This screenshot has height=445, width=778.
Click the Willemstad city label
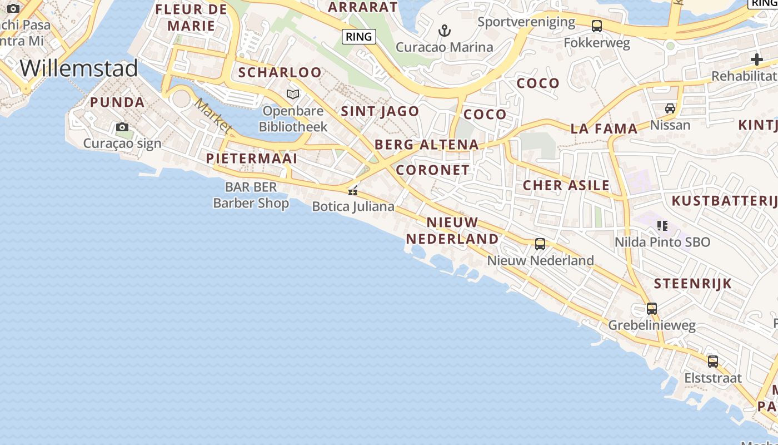(x=78, y=68)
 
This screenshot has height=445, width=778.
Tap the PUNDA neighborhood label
(x=117, y=102)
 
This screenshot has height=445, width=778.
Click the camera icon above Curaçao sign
(x=122, y=127)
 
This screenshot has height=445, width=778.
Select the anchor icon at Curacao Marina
(x=444, y=30)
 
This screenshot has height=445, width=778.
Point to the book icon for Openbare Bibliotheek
(x=293, y=94)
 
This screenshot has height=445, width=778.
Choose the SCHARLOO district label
(x=280, y=72)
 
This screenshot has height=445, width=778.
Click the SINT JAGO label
(x=380, y=111)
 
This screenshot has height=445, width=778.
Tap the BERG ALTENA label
(x=426, y=145)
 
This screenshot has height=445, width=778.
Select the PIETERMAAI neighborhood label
(x=252, y=159)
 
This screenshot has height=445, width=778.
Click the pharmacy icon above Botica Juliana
(x=352, y=191)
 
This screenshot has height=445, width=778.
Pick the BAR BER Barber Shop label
(x=251, y=195)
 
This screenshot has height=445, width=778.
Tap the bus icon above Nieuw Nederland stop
(x=540, y=244)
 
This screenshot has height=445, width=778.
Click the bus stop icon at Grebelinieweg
(x=651, y=308)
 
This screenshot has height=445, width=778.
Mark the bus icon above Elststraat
(x=712, y=361)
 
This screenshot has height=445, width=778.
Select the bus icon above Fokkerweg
(x=597, y=26)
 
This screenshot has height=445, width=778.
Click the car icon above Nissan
(x=670, y=108)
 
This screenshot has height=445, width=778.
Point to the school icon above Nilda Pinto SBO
(x=662, y=225)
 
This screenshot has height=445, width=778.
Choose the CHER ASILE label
(x=566, y=185)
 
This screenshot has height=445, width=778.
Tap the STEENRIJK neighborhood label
(x=692, y=284)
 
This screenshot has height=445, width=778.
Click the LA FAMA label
(x=604, y=129)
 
